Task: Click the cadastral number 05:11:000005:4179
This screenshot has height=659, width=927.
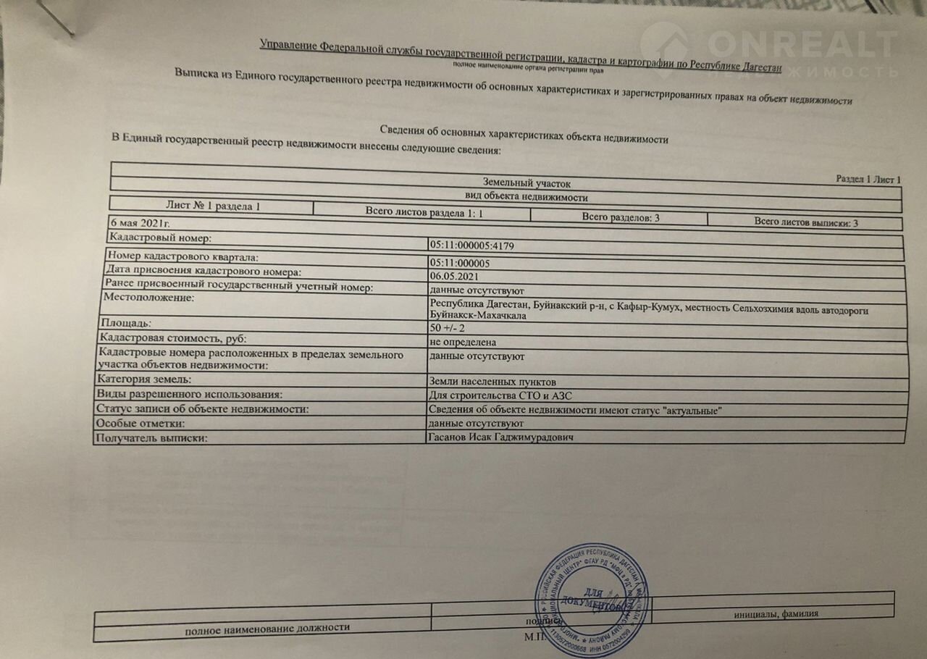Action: [x=470, y=245]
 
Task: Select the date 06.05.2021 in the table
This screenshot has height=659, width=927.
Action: [x=453, y=275]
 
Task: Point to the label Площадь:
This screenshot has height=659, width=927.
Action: [x=126, y=324]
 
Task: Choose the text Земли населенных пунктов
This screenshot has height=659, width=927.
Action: [x=492, y=382]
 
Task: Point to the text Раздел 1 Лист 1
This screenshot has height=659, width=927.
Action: [x=868, y=179]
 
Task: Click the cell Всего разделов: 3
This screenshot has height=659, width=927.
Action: [x=620, y=217]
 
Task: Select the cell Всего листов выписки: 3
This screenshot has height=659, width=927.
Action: [x=805, y=222]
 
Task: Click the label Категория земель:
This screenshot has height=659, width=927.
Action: [x=145, y=379]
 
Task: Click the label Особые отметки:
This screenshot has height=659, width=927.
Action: [x=141, y=423]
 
